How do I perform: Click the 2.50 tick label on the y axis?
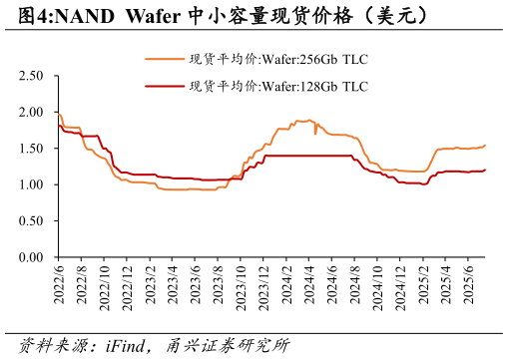tap(30, 76)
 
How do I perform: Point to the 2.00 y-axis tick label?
tap(30, 113)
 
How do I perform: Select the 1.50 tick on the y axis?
tap(30, 149)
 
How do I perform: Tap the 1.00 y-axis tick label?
tap(30, 185)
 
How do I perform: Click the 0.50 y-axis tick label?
tap(30, 221)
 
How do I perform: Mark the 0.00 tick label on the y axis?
tap(30, 257)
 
